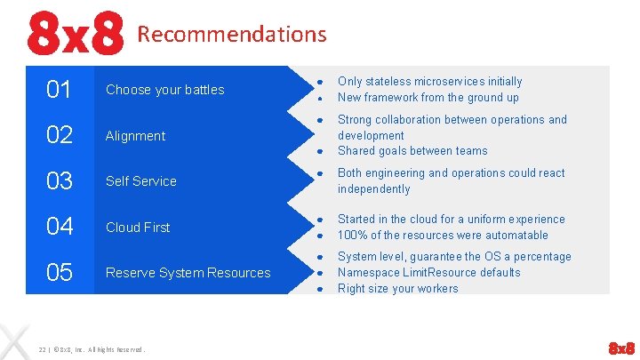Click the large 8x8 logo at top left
coord(74,34)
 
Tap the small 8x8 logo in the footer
coord(620,347)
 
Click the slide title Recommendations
coord(232,35)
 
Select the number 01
coord(59,90)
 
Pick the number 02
coord(59,136)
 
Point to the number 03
coord(59,181)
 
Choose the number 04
coord(59,228)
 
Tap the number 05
coord(59,273)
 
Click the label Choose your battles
coord(164,90)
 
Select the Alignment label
coord(135,136)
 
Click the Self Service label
coord(140,181)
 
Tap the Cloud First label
coord(138,228)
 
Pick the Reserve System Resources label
coord(188,273)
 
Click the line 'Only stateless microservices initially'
coord(429,82)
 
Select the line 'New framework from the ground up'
coord(428,98)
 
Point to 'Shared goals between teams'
coord(412,151)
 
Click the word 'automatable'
coord(516,236)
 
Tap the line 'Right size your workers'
coord(397,289)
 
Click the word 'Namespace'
coord(369,273)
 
